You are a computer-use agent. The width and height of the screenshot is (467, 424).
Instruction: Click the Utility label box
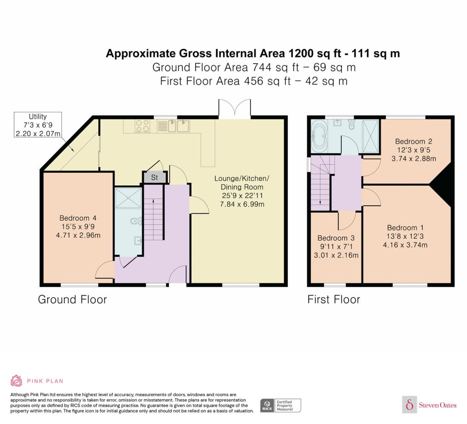(x=38, y=125)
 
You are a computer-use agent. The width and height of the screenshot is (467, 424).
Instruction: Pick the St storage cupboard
(x=155, y=178)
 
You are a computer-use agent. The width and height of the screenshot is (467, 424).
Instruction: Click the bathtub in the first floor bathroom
(x=320, y=137)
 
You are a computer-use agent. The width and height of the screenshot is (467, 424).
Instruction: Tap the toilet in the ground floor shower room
(x=136, y=221)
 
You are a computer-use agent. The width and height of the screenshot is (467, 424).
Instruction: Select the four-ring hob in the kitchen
(x=142, y=126)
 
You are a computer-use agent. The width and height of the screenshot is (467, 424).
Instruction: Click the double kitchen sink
(x=179, y=126)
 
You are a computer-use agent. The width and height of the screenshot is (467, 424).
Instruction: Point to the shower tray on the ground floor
(x=128, y=198)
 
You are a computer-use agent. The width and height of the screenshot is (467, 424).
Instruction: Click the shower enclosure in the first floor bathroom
(x=371, y=136)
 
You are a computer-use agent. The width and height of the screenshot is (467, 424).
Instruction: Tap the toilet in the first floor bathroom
(x=352, y=124)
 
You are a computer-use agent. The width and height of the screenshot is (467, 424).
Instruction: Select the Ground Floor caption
(x=72, y=299)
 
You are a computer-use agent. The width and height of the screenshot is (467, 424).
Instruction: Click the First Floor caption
(x=334, y=299)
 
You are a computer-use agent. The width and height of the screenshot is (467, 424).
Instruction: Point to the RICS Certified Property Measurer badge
(x=281, y=405)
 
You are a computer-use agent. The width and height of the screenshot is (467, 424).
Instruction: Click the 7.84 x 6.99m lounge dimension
(x=242, y=204)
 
